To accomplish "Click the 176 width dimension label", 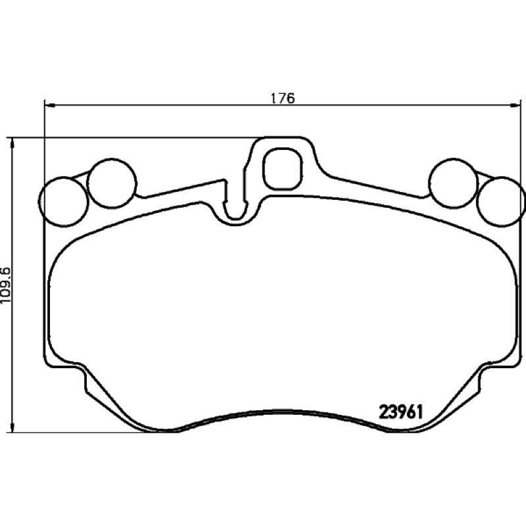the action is [283, 98].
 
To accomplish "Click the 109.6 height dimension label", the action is [6, 285].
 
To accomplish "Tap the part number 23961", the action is [400, 412].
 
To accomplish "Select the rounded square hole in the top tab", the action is [282, 168].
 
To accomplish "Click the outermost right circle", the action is [502, 201].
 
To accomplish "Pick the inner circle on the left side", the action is [112, 183].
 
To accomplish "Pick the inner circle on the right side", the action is [454, 183].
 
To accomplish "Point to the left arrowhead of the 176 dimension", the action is [49, 105].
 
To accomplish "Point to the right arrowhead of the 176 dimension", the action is [515, 105].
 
